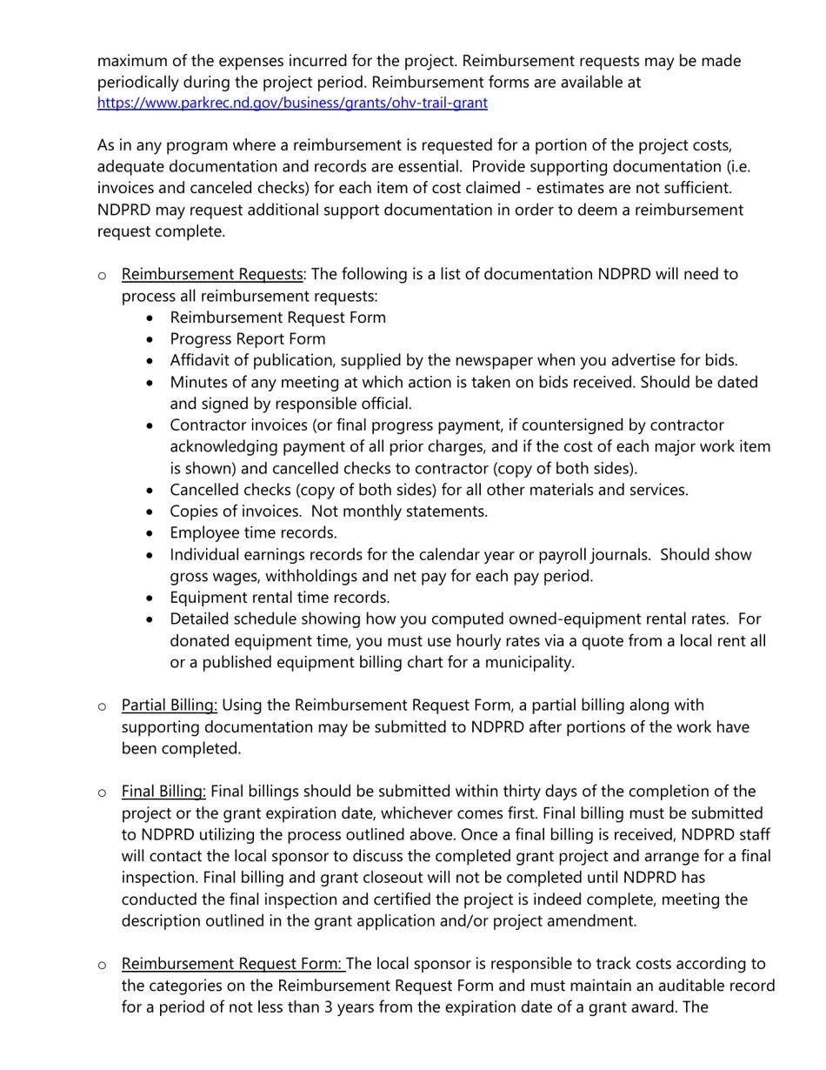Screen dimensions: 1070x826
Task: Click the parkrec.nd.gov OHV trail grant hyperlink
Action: [292, 103]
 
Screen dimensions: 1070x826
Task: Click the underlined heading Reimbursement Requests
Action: [212, 274]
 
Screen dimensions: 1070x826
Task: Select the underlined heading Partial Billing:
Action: [170, 705]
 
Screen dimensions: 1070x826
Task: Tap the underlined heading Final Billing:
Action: [163, 791]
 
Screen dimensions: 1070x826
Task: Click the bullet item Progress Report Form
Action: [248, 338]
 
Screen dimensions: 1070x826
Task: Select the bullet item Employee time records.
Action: [253, 532]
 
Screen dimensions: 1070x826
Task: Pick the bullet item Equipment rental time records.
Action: [279, 597]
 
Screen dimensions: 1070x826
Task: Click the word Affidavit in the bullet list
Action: [201, 360]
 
